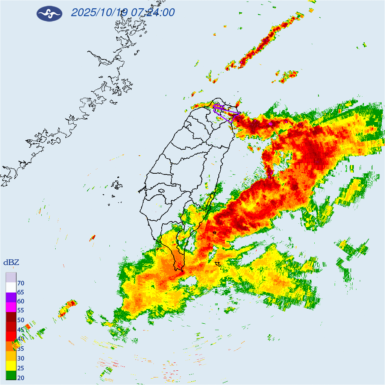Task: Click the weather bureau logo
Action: [49, 14]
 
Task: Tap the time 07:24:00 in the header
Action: [152, 13]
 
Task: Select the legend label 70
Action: [21, 283]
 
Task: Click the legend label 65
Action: [21, 293]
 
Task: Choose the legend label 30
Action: [21, 359]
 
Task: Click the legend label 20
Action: [21, 377]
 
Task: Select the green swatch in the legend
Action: [11, 375]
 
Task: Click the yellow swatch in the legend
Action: [11, 365]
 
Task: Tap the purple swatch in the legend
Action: [11, 297]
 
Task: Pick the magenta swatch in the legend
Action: [11, 307]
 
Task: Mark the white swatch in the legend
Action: [11, 287]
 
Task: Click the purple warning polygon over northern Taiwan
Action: [226, 113]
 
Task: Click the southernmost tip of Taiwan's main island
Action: [182, 270]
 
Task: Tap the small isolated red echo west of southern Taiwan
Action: [92, 237]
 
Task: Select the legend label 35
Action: [21, 349]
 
